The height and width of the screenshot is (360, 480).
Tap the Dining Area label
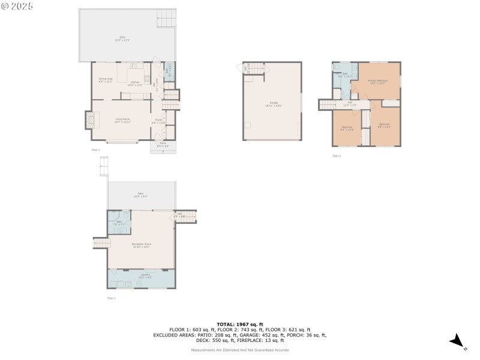(106, 80)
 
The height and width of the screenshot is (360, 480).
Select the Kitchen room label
(135, 83)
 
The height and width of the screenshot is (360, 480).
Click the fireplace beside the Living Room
(89, 121)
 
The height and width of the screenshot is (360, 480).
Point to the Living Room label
(122, 121)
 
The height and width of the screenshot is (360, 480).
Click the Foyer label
(159, 121)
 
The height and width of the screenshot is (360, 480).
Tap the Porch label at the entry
(163, 145)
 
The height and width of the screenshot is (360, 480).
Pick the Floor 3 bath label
(341, 76)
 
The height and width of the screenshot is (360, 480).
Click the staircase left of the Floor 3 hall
(328, 104)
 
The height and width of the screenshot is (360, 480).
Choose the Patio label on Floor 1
(140, 194)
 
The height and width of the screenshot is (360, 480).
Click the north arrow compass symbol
(458, 341)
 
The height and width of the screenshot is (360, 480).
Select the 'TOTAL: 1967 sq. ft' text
(239, 324)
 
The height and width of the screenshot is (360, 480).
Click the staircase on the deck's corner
(167, 19)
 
